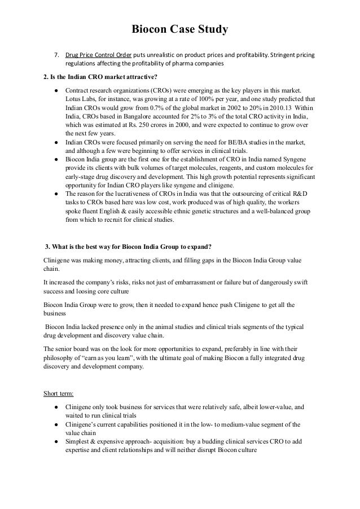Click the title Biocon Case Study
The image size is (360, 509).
(x=179, y=29)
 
